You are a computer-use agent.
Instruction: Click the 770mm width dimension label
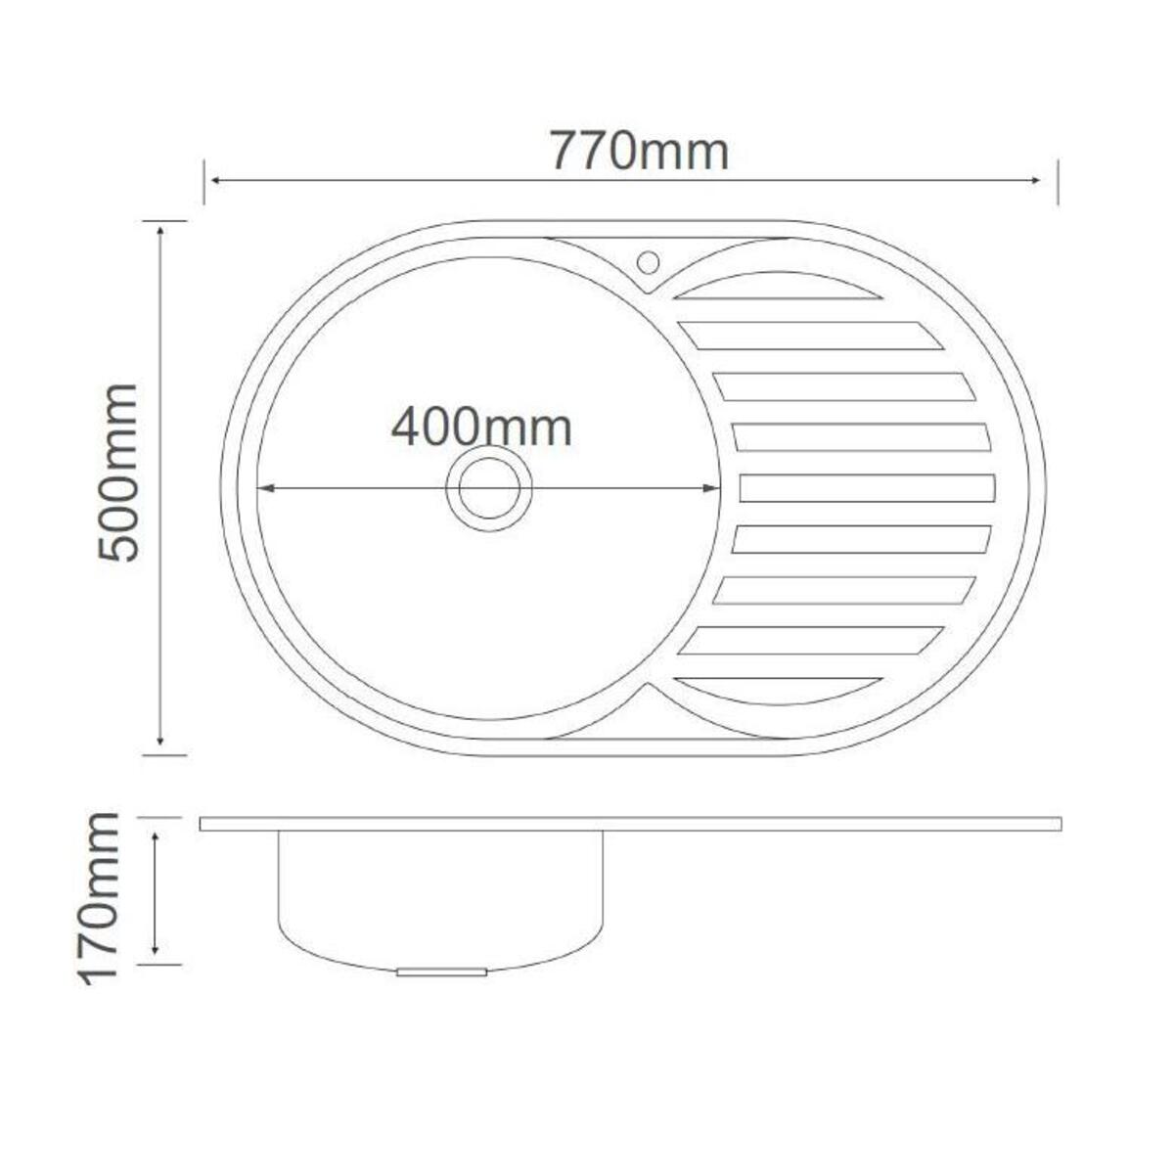click(640, 150)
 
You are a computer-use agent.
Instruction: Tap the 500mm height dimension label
click(117, 472)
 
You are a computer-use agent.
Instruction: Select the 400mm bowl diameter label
click(481, 428)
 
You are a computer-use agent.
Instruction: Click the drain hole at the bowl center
click(488, 488)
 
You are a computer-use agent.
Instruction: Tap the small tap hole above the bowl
click(648, 263)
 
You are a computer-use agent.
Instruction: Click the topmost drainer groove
click(778, 287)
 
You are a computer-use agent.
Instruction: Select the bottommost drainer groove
click(778, 691)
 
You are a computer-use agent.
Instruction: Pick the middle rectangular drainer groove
click(868, 488)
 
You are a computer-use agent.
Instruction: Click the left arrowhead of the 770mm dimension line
click(215, 180)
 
